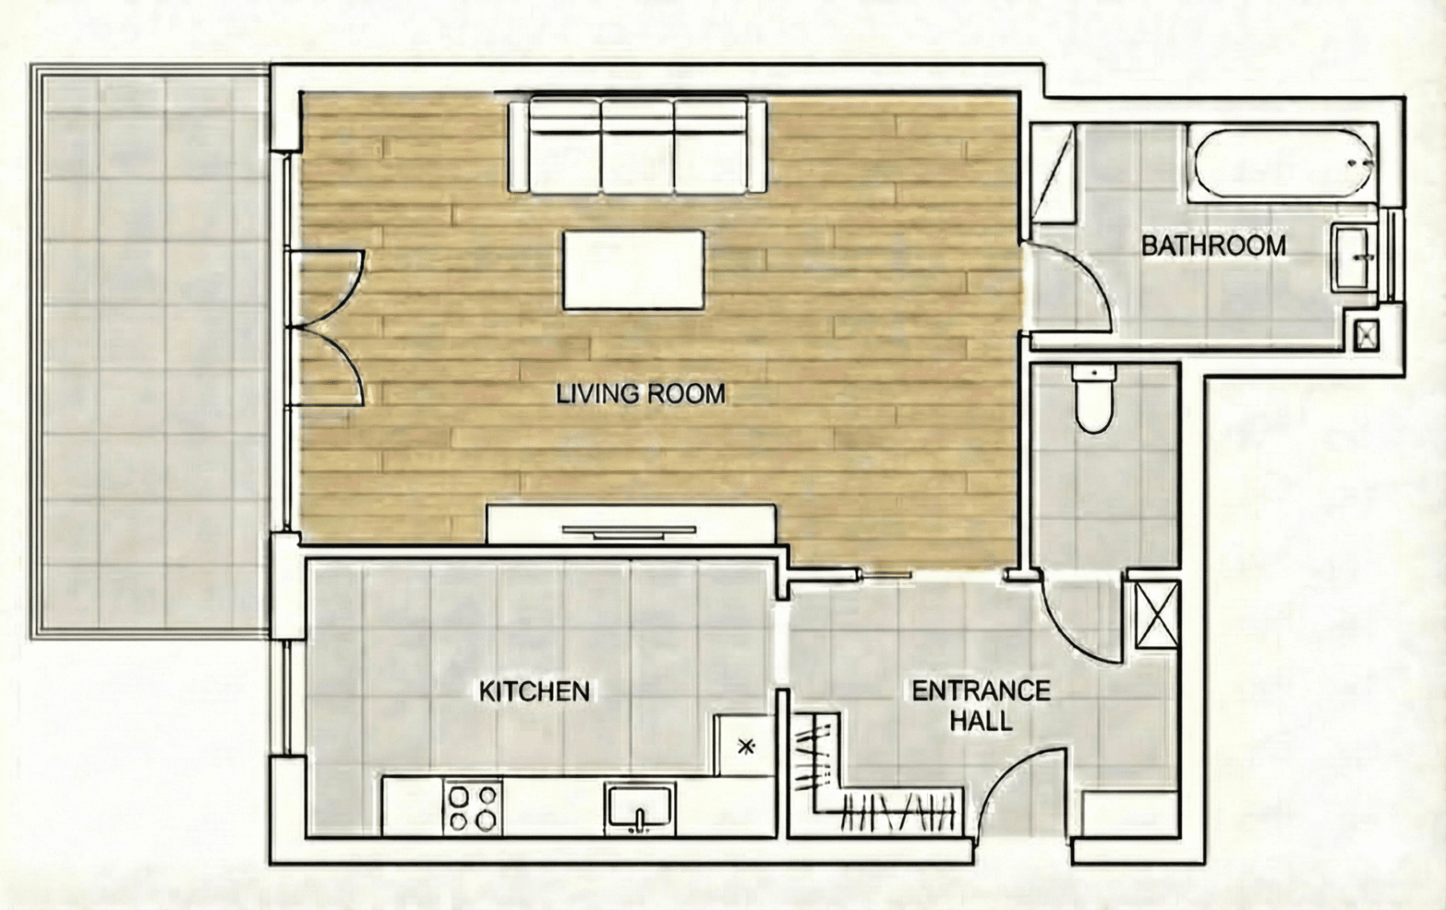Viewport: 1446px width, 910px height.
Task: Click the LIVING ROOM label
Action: coord(640,394)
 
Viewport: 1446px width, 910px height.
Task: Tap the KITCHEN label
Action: coord(534,692)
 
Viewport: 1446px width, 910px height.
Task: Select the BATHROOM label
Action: coord(1213,246)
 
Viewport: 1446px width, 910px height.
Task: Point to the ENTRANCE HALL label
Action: coord(981,705)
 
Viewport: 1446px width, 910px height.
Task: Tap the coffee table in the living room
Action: coord(633,270)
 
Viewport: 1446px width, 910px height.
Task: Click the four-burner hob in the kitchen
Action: coord(472,807)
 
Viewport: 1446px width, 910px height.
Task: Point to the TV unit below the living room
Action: coord(631,525)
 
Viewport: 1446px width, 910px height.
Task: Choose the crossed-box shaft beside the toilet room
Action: coord(1157,614)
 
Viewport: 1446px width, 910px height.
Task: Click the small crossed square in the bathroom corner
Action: coord(1366,335)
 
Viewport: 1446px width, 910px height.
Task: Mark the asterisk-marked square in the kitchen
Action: coord(745,746)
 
